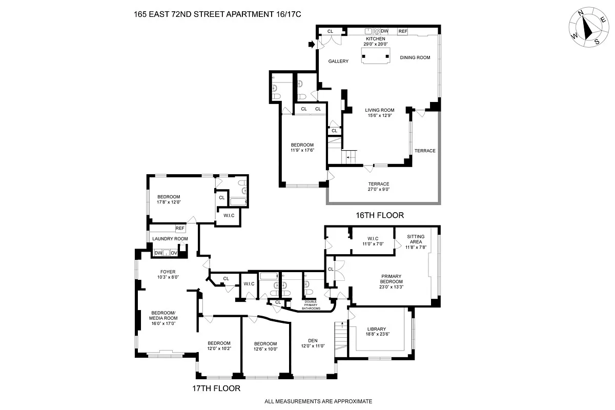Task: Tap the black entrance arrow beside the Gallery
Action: tap(312, 45)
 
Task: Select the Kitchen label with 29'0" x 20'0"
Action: tap(375, 42)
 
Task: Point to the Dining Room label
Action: tap(415, 57)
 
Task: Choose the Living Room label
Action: tap(379, 113)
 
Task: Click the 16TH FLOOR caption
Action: tap(379, 215)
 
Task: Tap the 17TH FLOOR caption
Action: tap(215, 388)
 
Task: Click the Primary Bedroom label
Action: tap(391, 281)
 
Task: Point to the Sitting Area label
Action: tap(416, 241)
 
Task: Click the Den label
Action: tap(313, 343)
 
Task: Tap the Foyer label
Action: tap(168, 274)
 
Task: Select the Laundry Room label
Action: tap(170, 239)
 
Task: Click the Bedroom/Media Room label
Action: tap(162, 318)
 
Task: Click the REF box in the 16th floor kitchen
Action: tap(403, 31)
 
